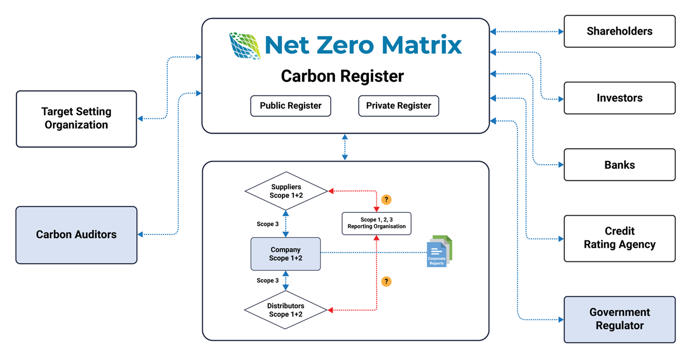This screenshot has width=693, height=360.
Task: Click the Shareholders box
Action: point(619,31)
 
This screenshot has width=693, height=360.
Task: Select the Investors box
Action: point(619,98)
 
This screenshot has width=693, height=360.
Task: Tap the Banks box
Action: point(619,165)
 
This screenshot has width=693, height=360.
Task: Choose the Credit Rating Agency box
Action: point(619,238)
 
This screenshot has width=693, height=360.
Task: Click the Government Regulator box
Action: point(619,319)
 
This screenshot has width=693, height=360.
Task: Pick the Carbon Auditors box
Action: point(76,235)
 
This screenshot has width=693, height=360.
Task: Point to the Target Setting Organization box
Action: point(76,118)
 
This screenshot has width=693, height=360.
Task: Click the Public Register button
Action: point(291,106)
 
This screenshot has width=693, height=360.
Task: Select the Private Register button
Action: point(398,106)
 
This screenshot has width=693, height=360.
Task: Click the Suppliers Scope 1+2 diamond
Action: point(286,191)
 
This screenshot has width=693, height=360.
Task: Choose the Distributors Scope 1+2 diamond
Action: point(285,310)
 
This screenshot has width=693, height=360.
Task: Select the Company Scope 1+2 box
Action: point(285,254)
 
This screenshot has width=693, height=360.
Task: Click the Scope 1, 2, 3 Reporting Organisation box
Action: point(376,223)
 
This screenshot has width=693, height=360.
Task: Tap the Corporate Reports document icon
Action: point(439,251)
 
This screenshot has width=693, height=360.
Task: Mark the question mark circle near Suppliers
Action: point(386,200)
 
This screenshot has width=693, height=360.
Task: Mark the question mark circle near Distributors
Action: point(386,282)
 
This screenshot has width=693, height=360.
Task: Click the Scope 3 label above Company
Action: point(267,224)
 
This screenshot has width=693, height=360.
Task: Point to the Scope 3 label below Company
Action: point(267,280)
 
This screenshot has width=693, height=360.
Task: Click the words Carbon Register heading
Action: point(342,76)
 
